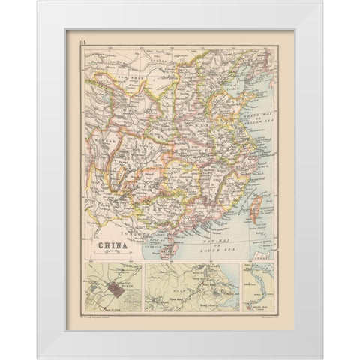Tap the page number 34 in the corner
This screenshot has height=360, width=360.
coord(82,47)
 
